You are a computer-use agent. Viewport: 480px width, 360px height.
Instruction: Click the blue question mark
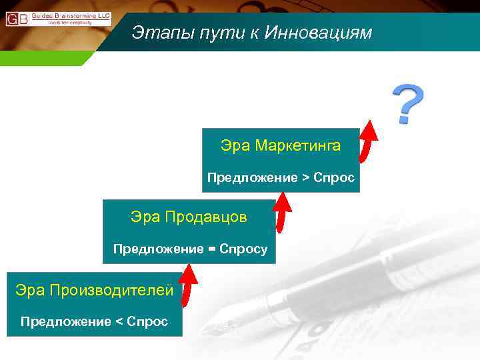click(x=407, y=103)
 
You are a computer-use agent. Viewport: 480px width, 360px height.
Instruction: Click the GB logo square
click(x=17, y=19)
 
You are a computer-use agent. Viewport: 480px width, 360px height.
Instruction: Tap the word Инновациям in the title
click(x=318, y=33)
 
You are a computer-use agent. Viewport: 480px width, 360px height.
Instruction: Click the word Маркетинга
click(x=297, y=145)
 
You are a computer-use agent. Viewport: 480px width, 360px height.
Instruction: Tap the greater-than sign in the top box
click(x=306, y=178)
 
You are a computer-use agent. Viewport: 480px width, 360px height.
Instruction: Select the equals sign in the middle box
click(x=212, y=249)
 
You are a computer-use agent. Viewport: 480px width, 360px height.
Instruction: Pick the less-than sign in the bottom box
click(x=120, y=322)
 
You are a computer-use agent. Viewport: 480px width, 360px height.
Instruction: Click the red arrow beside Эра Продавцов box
click(x=283, y=212)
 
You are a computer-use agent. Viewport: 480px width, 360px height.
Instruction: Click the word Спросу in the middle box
click(x=244, y=249)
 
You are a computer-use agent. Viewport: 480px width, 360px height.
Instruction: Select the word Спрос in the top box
click(x=334, y=178)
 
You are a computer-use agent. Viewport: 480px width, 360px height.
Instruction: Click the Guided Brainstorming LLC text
click(x=71, y=15)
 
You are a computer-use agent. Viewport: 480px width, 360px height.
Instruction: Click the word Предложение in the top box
click(x=253, y=178)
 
